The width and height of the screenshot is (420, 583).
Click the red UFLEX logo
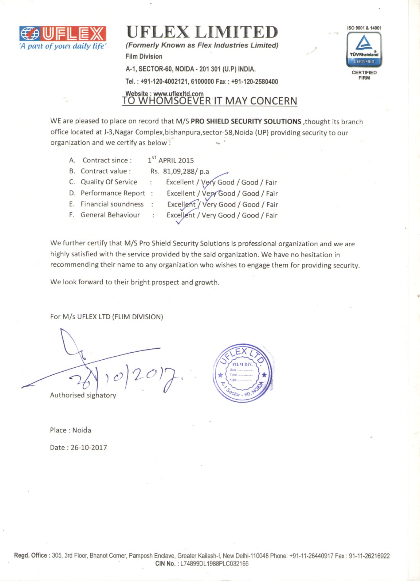pos(63,34)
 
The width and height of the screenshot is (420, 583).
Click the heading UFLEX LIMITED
pos(202,32)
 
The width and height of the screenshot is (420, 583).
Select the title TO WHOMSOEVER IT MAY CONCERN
pos(209,101)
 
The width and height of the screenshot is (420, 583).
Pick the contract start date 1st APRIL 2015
pos(171,160)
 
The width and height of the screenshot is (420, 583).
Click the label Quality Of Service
pos(109,182)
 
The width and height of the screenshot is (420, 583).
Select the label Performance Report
pos(113,193)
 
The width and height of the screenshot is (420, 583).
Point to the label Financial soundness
pos(112,204)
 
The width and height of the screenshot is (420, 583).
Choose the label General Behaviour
pos(110,215)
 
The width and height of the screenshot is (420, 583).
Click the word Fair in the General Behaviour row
pos(271,215)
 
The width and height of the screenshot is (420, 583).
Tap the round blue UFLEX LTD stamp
pos(243,373)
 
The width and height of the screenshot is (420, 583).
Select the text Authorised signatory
pos(83,395)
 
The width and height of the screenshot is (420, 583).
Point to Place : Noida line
pos(70,430)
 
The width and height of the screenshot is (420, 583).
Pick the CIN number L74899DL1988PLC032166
pos(214,564)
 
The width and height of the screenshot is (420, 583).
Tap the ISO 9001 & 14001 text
pos(364,28)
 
